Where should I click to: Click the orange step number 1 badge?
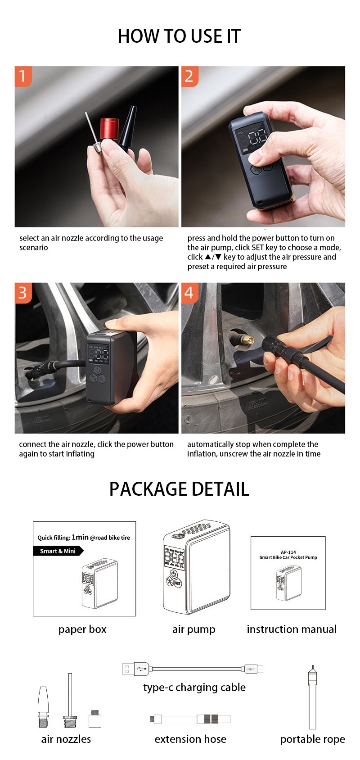pos(23,76)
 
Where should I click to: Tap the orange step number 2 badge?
pos(189,76)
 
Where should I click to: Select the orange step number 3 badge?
pos(23,293)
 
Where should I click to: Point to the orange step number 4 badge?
pos(189,293)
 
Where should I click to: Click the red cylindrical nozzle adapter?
pos(109,128)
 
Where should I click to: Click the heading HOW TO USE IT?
pos(179,36)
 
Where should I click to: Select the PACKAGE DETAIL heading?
pos(179,489)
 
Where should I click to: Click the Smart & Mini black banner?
pos(58,551)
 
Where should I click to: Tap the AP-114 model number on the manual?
pos(288,552)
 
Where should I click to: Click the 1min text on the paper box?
pos(80,537)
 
